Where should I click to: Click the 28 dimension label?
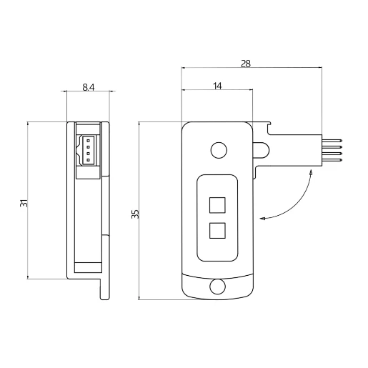tap(246, 64)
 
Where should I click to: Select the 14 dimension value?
tap(217, 86)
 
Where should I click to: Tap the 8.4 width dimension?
tap(89, 87)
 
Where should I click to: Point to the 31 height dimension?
tap(24, 203)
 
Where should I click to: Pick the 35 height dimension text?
tap(135, 214)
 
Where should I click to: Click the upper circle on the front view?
tap(219, 150)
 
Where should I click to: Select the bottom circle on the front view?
tap(217, 287)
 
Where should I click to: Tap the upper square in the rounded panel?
tap(217, 205)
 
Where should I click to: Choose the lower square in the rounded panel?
tap(217, 231)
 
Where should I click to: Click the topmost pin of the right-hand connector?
tap(332, 141)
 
